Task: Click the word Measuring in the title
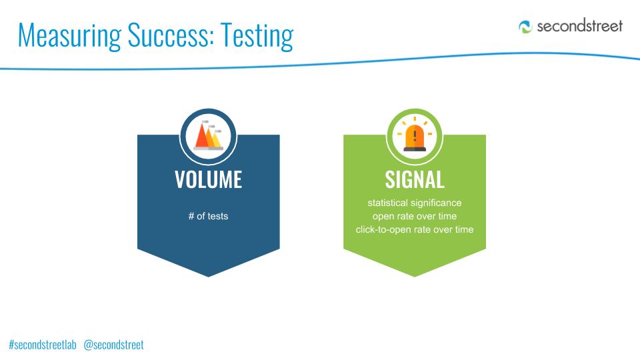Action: point(70,36)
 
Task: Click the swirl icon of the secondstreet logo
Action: point(526,27)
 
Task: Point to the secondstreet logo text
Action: point(579,26)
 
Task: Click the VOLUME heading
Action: point(208,179)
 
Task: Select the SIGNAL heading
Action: point(415,179)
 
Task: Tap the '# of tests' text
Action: point(208,216)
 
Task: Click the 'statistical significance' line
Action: point(415,203)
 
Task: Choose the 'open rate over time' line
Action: point(415,216)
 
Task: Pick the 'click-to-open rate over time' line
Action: point(415,229)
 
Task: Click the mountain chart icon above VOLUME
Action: point(208,136)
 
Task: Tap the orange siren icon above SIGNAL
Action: point(415,135)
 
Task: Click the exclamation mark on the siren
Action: point(415,135)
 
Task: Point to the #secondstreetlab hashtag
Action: point(43,345)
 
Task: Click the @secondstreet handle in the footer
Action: point(113,345)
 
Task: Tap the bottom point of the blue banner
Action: point(209,277)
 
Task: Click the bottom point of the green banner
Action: point(415,277)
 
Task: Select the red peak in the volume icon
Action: point(201,137)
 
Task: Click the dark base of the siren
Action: point(415,149)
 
